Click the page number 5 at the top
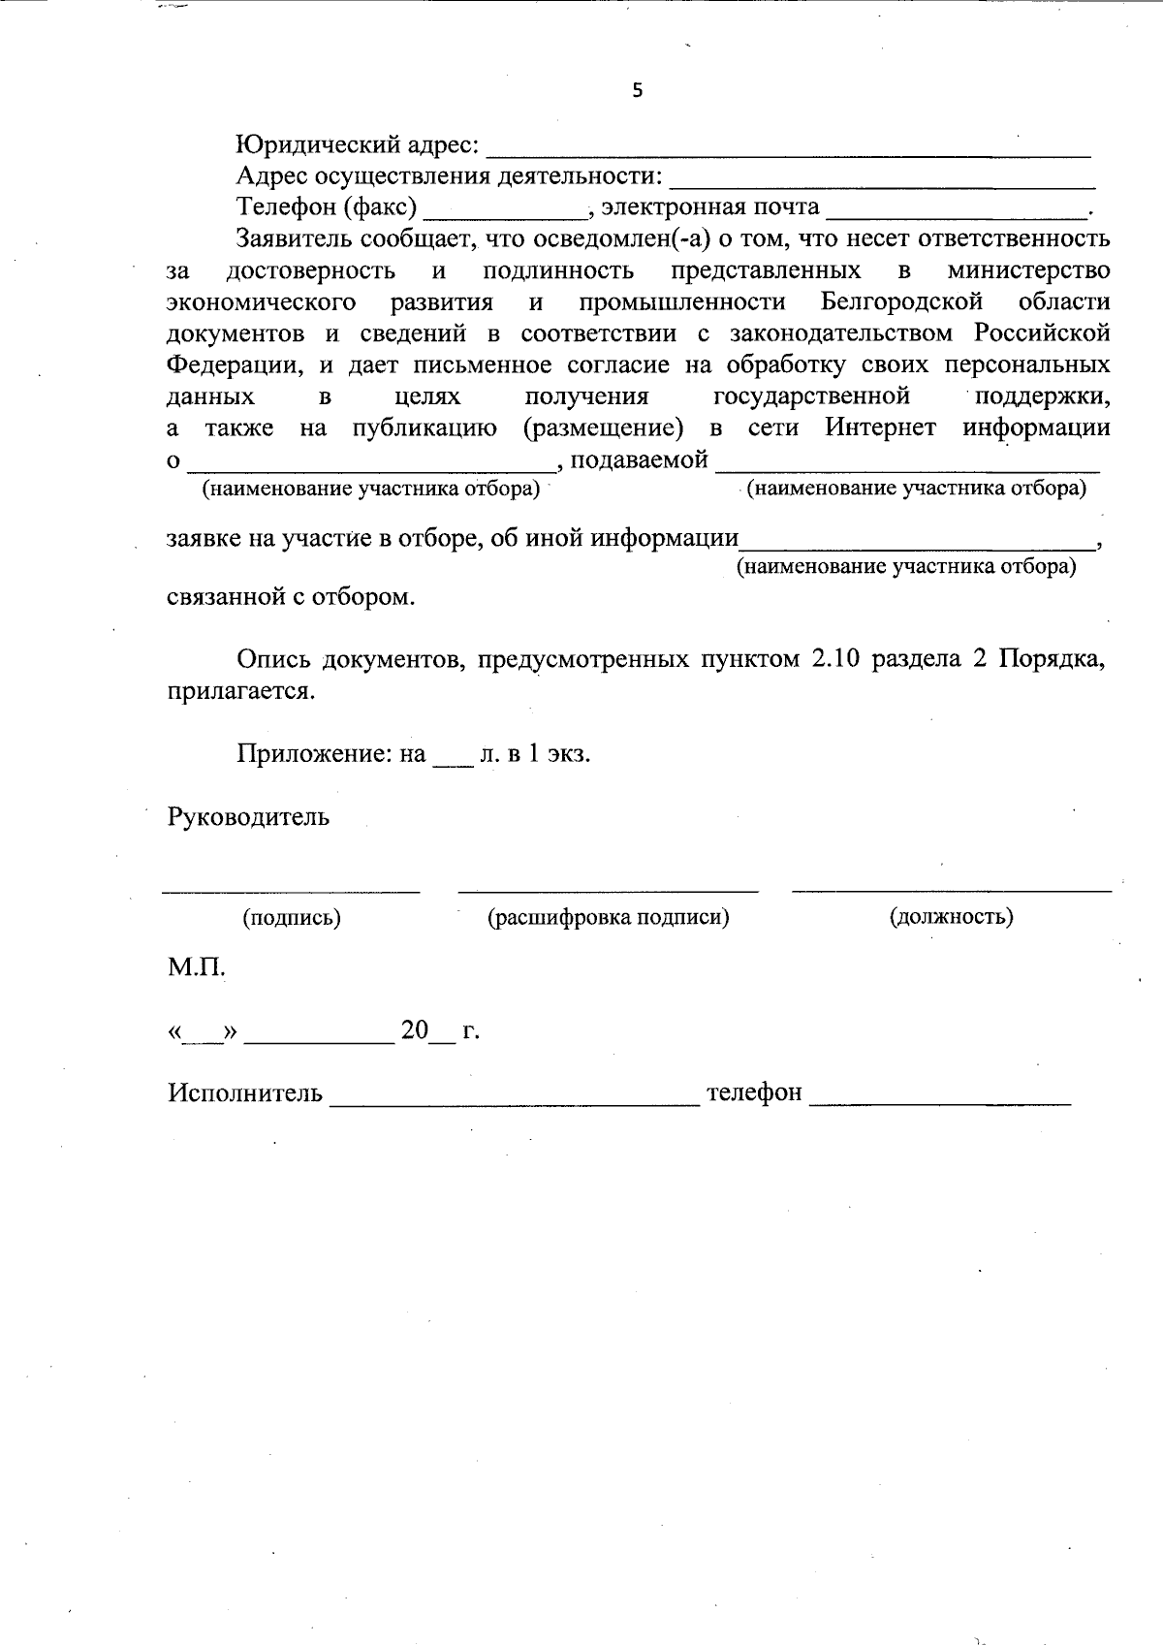[637, 91]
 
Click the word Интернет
[880, 427]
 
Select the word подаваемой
[640, 459]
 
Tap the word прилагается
[241, 692]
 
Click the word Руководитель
[248, 817]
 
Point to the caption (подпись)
[292, 917]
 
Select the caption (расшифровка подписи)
[608, 917]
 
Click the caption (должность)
[951, 917]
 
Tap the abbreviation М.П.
[197, 967]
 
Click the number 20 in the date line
[414, 1030]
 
